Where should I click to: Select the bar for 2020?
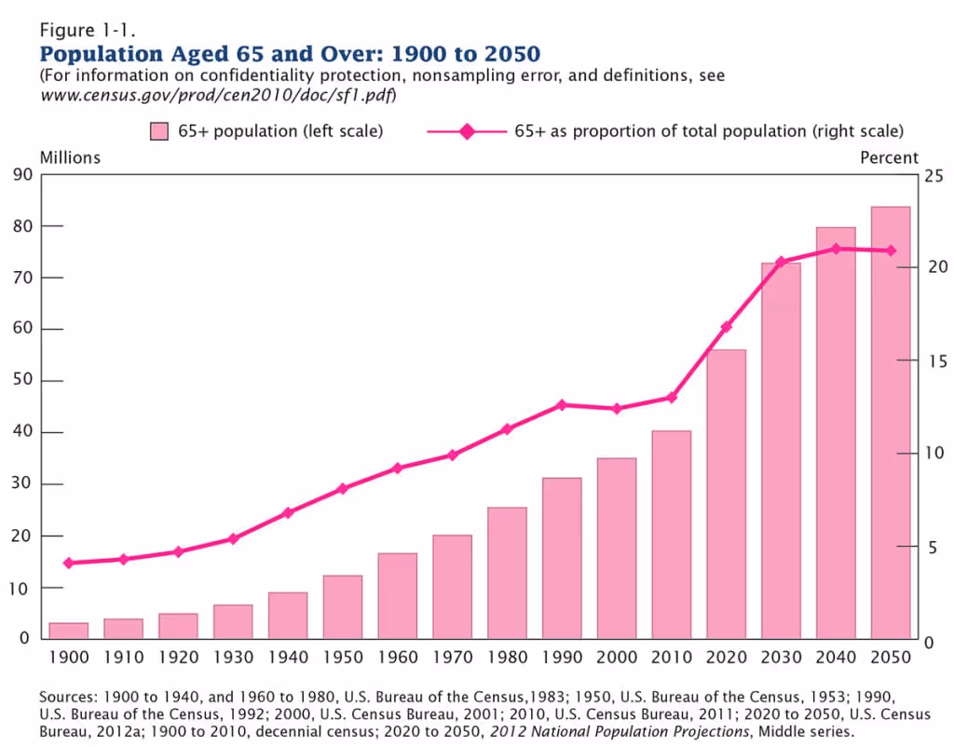click(726, 494)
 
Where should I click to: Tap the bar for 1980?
click(507, 573)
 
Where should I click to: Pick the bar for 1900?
click(69, 631)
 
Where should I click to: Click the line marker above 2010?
click(671, 398)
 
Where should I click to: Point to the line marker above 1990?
click(562, 405)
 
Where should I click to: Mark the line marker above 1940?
click(288, 512)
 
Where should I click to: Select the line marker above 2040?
click(836, 249)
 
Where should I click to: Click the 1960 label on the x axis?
click(398, 658)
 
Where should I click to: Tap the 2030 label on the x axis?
click(781, 658)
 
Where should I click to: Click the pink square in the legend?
click(158, 132)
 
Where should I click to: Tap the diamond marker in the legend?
click(467, 132)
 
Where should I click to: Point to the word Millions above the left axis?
click(70, 157)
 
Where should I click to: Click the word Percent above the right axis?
click(889, 157)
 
